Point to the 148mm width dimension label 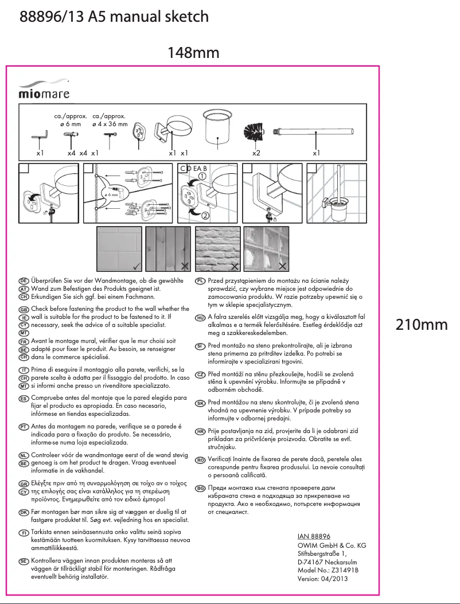point(193,53)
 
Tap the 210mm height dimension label point(422,325)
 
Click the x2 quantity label point(256,154)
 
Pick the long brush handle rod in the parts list point(315,131)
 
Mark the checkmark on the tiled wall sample point(135,266)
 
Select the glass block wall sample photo point(266,248)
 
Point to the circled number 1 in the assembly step point(202,176)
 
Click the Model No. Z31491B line point(328,570)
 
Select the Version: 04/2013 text point(323,579)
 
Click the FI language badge point(24,533)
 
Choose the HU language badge point(200,317)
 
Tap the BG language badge point(200,488)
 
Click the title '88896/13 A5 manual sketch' point(114,17)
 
